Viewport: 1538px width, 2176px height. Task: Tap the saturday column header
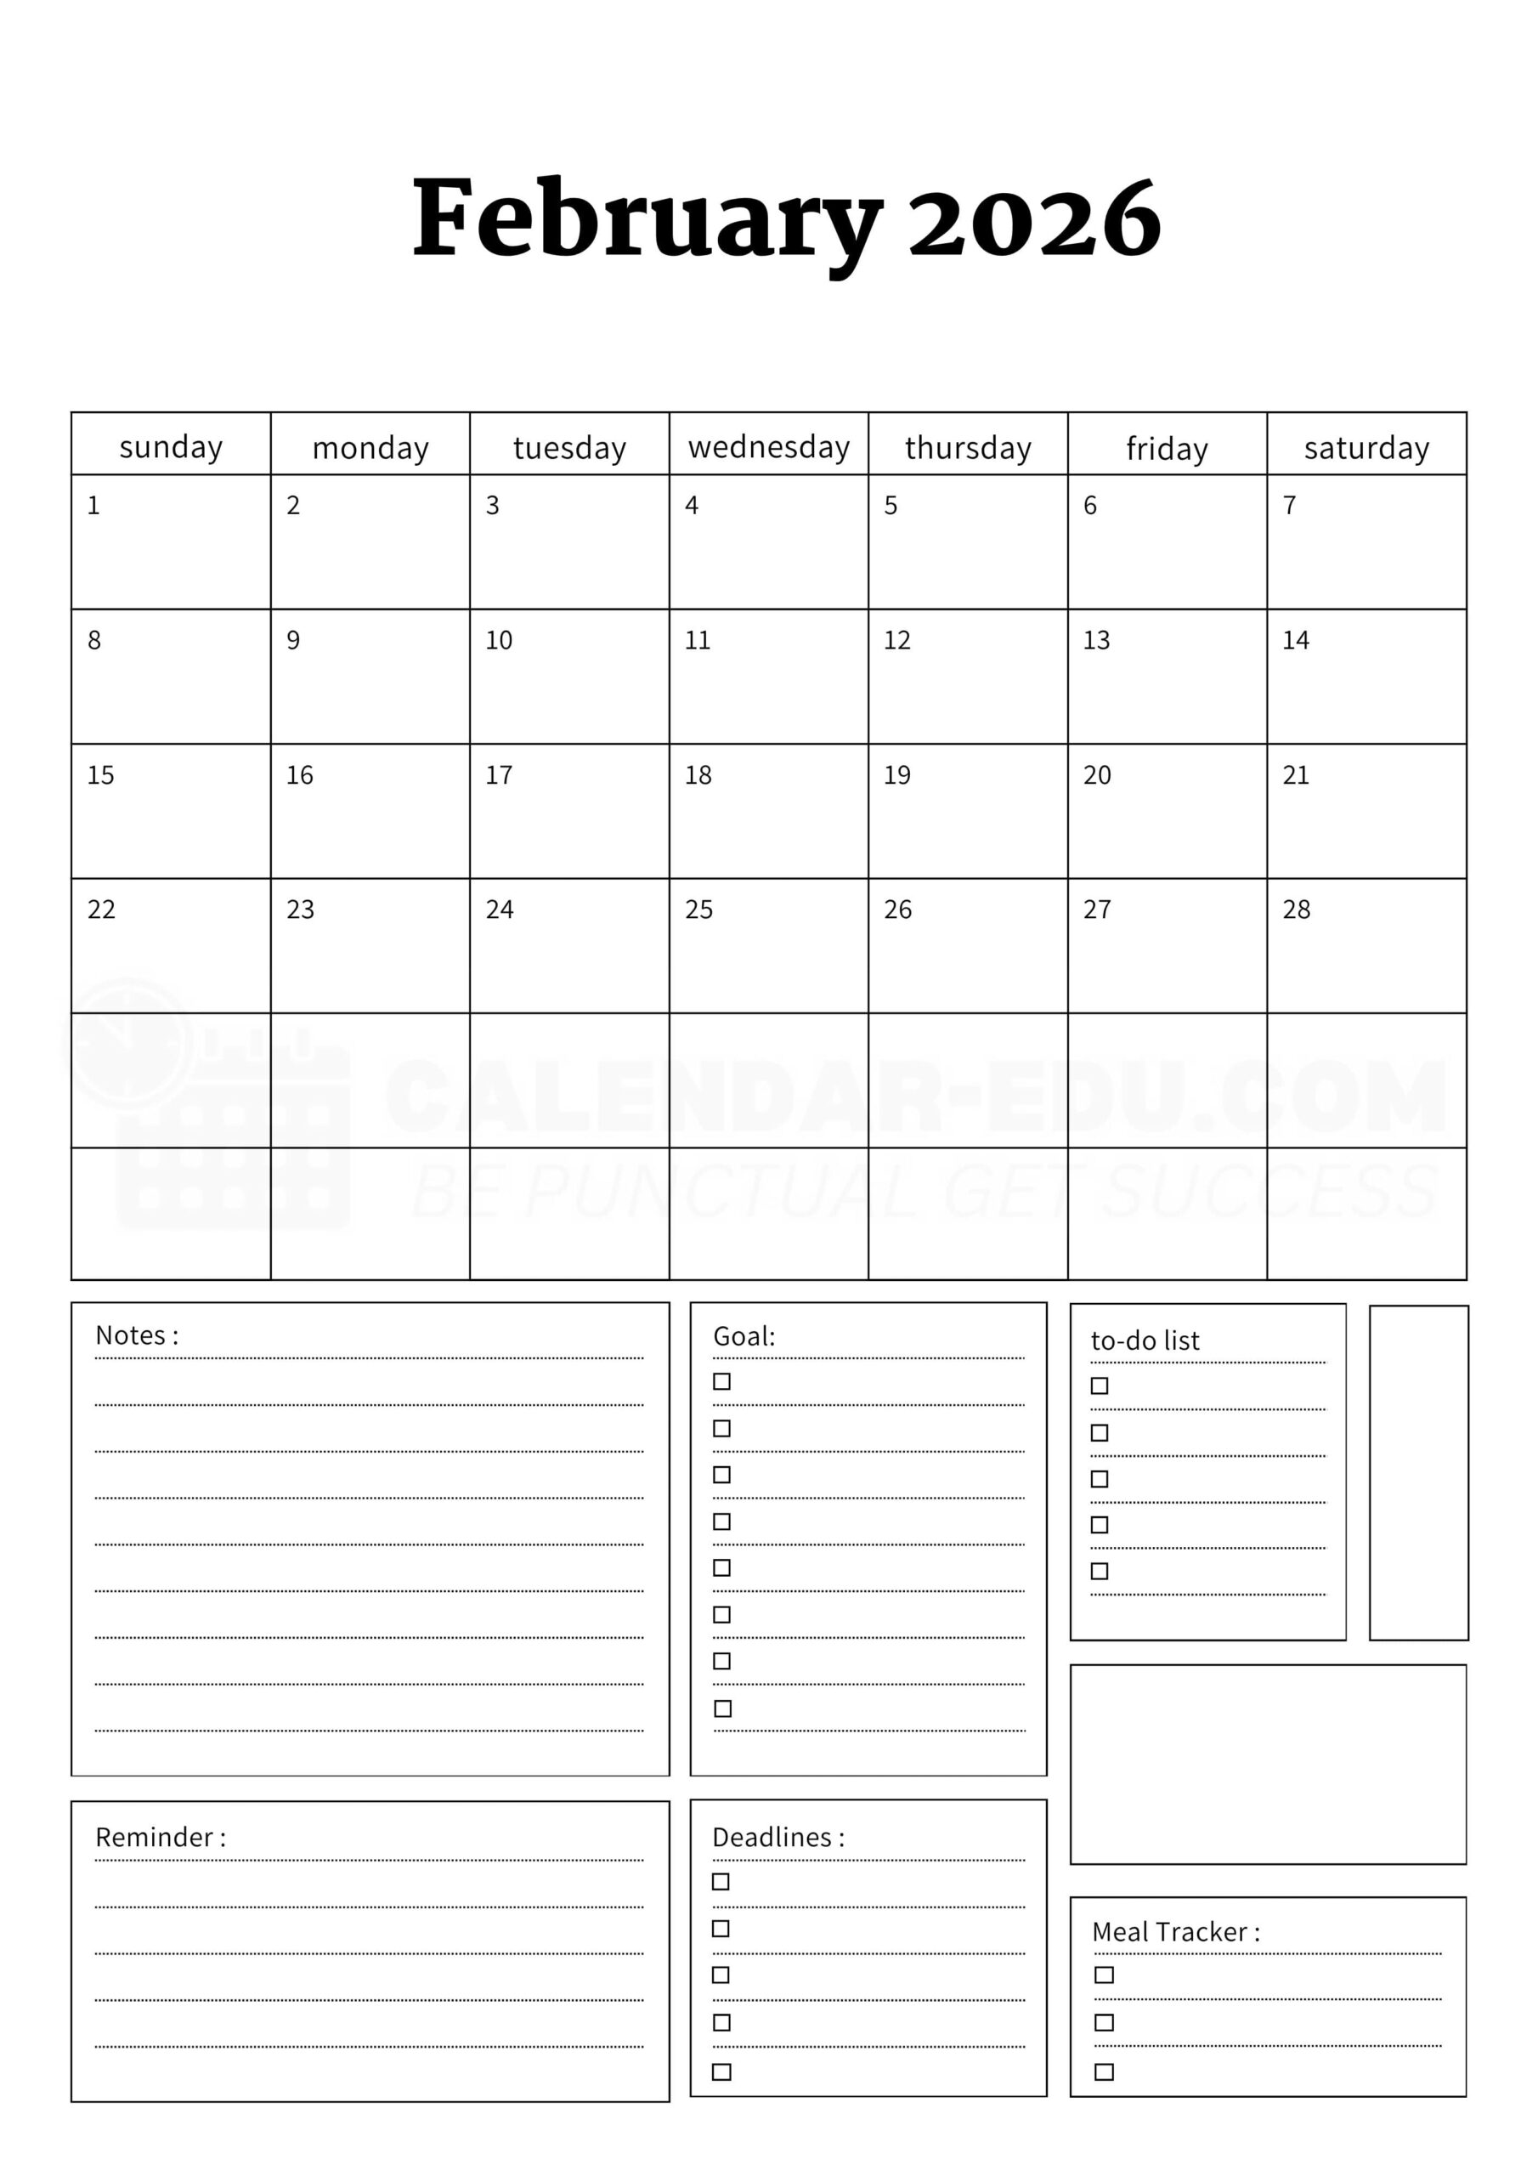click(x=1366, y=447)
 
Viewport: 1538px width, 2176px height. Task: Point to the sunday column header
click(x=171, y=446)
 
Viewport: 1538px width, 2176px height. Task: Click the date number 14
click(x=1296, y=641)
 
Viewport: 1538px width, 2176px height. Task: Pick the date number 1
click(x=93, y=506)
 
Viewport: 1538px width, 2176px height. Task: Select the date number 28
click(x=1297, y=909)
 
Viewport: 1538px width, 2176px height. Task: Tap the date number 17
click(x=499, y=775)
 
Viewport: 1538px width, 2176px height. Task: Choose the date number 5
click(x=891, y=506)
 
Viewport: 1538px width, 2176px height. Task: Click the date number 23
click(x=301, y=909)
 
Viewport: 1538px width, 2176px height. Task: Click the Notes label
click(x=137, y=1335)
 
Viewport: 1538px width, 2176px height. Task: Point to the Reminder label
click(x=160, y=1838)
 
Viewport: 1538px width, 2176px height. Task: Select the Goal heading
click(x=744, y=1336)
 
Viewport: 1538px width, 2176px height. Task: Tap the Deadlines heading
click(x=778, y=1838)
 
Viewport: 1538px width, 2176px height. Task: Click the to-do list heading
click(x=1145, y=1340)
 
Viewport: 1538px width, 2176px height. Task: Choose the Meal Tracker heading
click(x=1176, y=1931)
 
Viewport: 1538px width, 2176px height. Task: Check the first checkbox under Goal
click(x=722, y=1382)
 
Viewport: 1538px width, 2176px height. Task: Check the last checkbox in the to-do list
click(x=1100, y=1572)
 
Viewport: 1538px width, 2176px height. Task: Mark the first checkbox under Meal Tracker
click(x=1104, y=1975)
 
